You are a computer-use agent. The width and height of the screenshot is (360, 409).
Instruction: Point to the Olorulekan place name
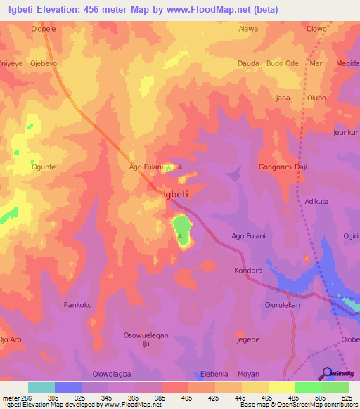pos(283,306)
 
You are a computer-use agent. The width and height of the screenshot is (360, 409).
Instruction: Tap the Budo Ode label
pos(283,63)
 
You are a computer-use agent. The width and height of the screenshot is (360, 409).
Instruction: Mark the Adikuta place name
pos(316,201)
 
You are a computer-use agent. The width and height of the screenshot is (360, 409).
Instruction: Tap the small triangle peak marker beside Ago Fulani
pos(179,167)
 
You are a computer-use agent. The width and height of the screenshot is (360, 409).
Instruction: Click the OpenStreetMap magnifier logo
pos(326,372)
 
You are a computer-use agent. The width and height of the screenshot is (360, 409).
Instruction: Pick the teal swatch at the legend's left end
pos(41,387)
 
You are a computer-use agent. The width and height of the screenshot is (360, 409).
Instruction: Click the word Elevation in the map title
pos(65,10)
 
